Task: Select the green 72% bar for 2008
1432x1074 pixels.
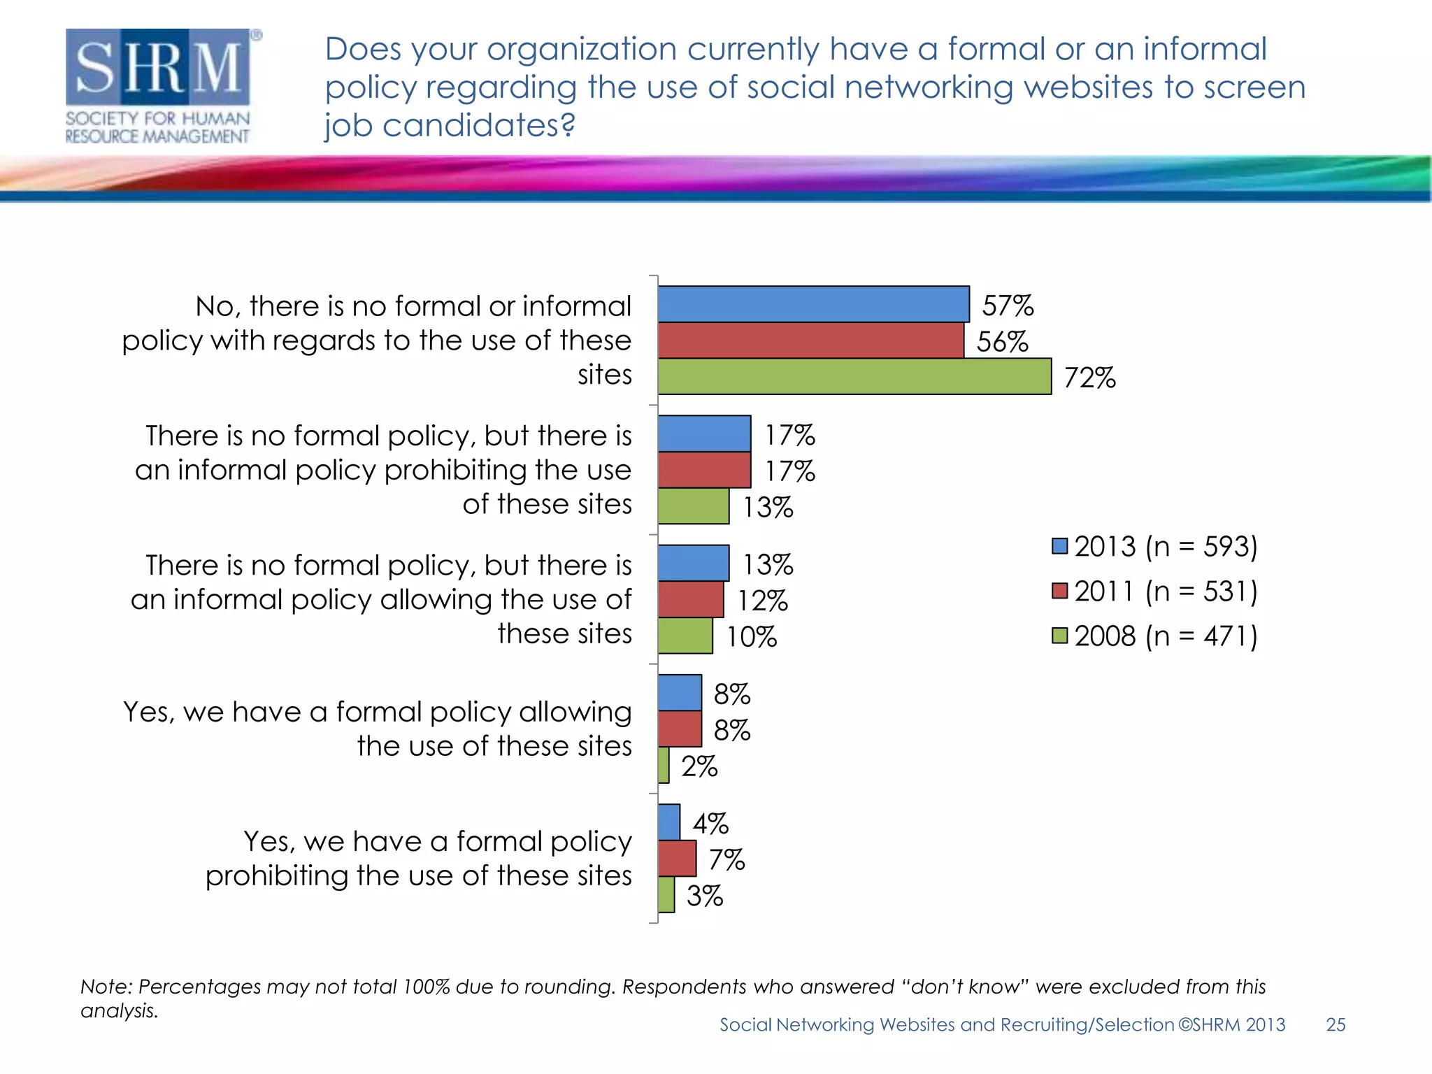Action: (x=854, y=377)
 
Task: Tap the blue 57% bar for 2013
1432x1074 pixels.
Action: (x=813, y=304)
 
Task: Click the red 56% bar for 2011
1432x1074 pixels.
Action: (x=810, y=341)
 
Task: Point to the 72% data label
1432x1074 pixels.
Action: (x=1089, y=378)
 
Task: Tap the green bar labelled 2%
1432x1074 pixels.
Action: (x=664, y=766)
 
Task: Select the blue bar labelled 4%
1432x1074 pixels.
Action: (x=669, y=822)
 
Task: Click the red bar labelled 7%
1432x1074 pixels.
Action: (x=677, y=859)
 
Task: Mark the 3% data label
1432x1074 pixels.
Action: (x=704, y=896)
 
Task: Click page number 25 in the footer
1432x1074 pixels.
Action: (x=1336, y=1025)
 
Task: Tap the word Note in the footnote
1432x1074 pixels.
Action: (x=106, y=987)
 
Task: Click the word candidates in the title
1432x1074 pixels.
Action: (x=478, y=126)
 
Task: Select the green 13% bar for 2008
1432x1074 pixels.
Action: (x=693, y=506)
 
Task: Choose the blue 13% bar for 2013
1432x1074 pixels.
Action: (x=693, y=564)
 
